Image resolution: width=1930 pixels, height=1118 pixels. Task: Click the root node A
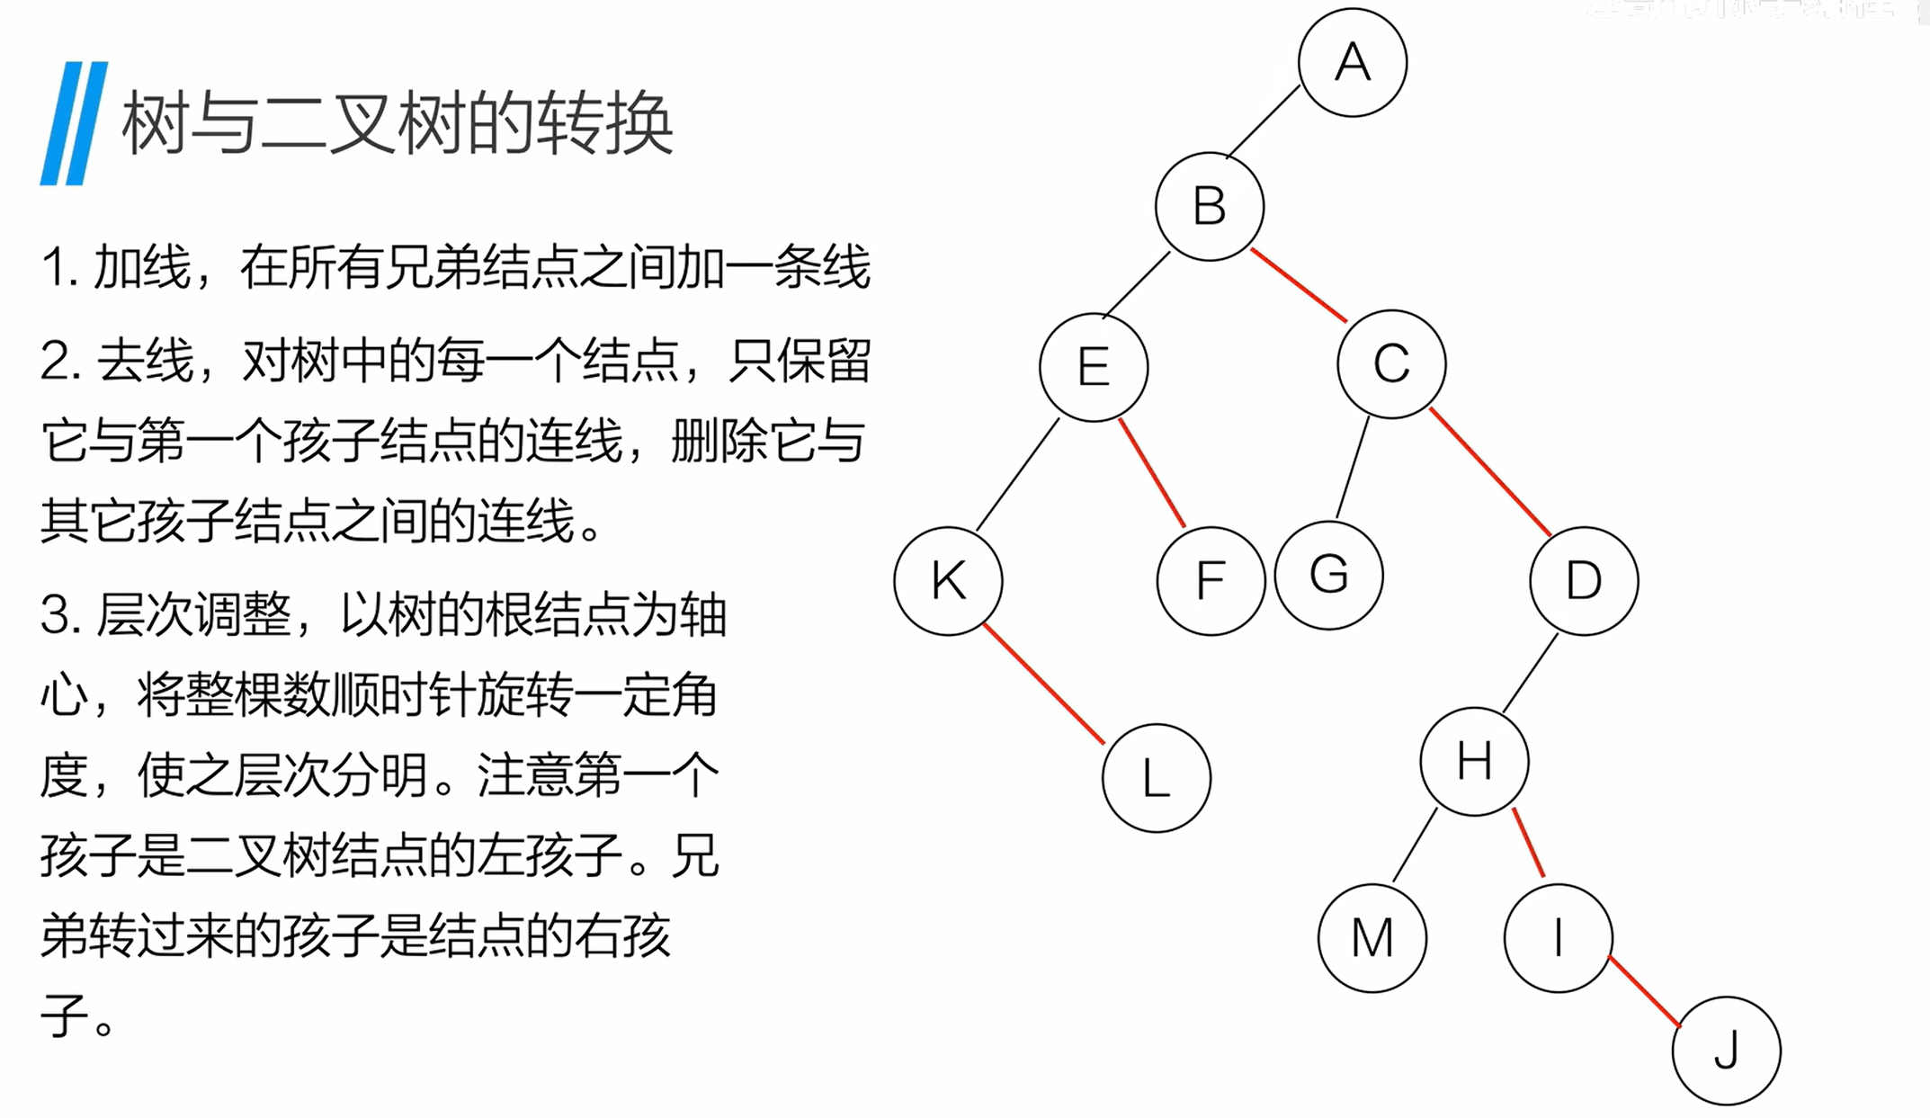[x=1352, y=63]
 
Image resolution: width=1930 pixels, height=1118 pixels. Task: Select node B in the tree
[x=1209, y=207]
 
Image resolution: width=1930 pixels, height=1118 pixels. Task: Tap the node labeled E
[x=1093, y=367]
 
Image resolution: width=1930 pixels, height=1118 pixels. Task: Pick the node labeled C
[x=1390, y=363]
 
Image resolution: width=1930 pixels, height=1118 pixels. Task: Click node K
[x=948, y=581]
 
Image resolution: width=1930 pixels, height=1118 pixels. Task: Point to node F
[x=1211, y=581]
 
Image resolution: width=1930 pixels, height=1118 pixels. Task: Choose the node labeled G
[x=1328, y=576]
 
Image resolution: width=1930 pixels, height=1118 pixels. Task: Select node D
[x=1583, y=581]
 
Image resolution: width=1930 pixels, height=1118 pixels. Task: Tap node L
[x=1156, y=778]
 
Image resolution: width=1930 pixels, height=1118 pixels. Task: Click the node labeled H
[x=1474, y=762]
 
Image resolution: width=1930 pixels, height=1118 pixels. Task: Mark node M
[x=1372, y=938]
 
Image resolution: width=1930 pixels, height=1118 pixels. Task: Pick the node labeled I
[x=1558, y=938]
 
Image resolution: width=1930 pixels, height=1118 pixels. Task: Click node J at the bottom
[x=1725, y=1051]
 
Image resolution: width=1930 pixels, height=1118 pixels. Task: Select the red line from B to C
[x=1298, y=285]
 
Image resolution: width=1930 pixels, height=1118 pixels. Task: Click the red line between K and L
[x=1043, y=684]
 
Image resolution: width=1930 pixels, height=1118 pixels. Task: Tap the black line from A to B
[x=1264, y=121]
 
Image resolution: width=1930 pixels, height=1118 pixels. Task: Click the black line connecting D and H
[x=1529, y=674]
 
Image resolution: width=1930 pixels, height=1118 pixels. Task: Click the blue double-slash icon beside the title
[x=75, y=123]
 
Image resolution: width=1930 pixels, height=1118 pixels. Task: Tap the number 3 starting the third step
[x=56, y=616]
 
